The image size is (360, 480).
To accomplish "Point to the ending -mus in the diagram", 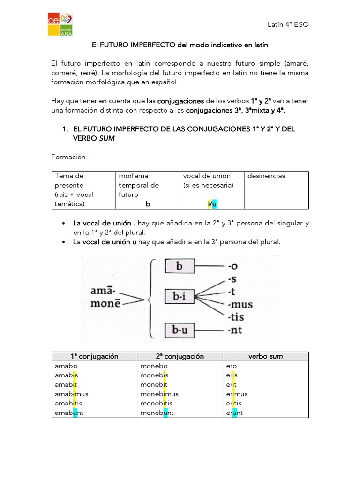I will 240,305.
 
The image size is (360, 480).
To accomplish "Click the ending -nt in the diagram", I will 234,330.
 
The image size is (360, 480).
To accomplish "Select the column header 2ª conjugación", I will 180,356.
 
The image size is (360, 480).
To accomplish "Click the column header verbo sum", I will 265,356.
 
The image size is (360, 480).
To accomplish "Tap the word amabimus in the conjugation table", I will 71,394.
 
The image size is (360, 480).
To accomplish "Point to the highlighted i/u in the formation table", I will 211,204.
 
